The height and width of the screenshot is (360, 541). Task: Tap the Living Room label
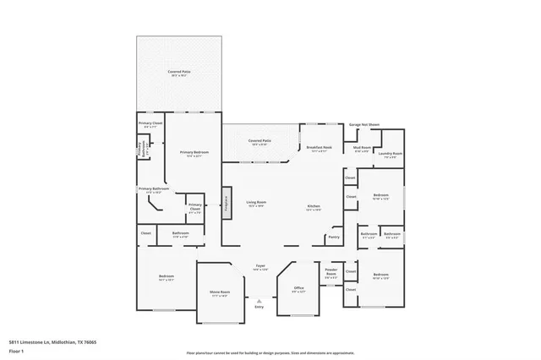coord(256,204)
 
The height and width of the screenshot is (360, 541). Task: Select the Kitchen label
coord(313,207)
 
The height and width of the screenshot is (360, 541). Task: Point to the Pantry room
coord(333,237)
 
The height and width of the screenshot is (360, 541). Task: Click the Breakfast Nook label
coord(320,148)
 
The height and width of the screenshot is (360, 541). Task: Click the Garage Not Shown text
coord(364,124)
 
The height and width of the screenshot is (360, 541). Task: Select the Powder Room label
coord(331,271)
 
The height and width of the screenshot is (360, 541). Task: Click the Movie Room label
coord(220,293)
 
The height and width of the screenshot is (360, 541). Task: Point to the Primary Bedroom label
coord(194,153)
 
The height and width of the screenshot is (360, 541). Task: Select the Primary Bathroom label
coord(150,190)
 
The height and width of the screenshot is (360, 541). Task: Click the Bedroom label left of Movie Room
coord(166,276)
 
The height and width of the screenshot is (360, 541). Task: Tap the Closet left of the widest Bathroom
coord(145,232)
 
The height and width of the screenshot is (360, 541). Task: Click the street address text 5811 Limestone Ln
coord(47,341)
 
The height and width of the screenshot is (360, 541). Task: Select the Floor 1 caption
coord(16,350)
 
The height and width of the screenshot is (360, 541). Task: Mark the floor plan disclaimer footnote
coord(270,352)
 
